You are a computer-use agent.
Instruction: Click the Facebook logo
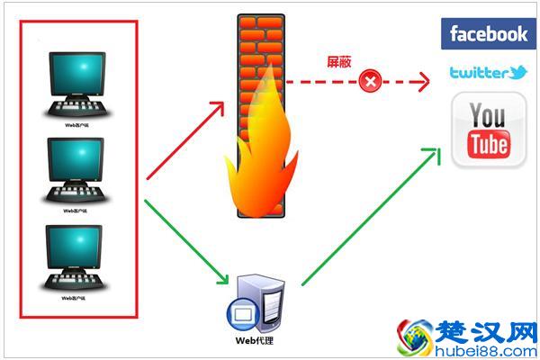point(489,34)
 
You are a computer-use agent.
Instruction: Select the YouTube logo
point(489,133)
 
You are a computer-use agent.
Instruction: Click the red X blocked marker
point(369,83)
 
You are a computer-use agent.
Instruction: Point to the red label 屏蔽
point(338,63)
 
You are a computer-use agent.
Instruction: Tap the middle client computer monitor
point(78,162)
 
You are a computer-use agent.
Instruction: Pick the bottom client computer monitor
point(78,249)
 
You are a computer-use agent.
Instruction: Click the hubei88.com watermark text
point(481,349)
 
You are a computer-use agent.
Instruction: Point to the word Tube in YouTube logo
point(489,144)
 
